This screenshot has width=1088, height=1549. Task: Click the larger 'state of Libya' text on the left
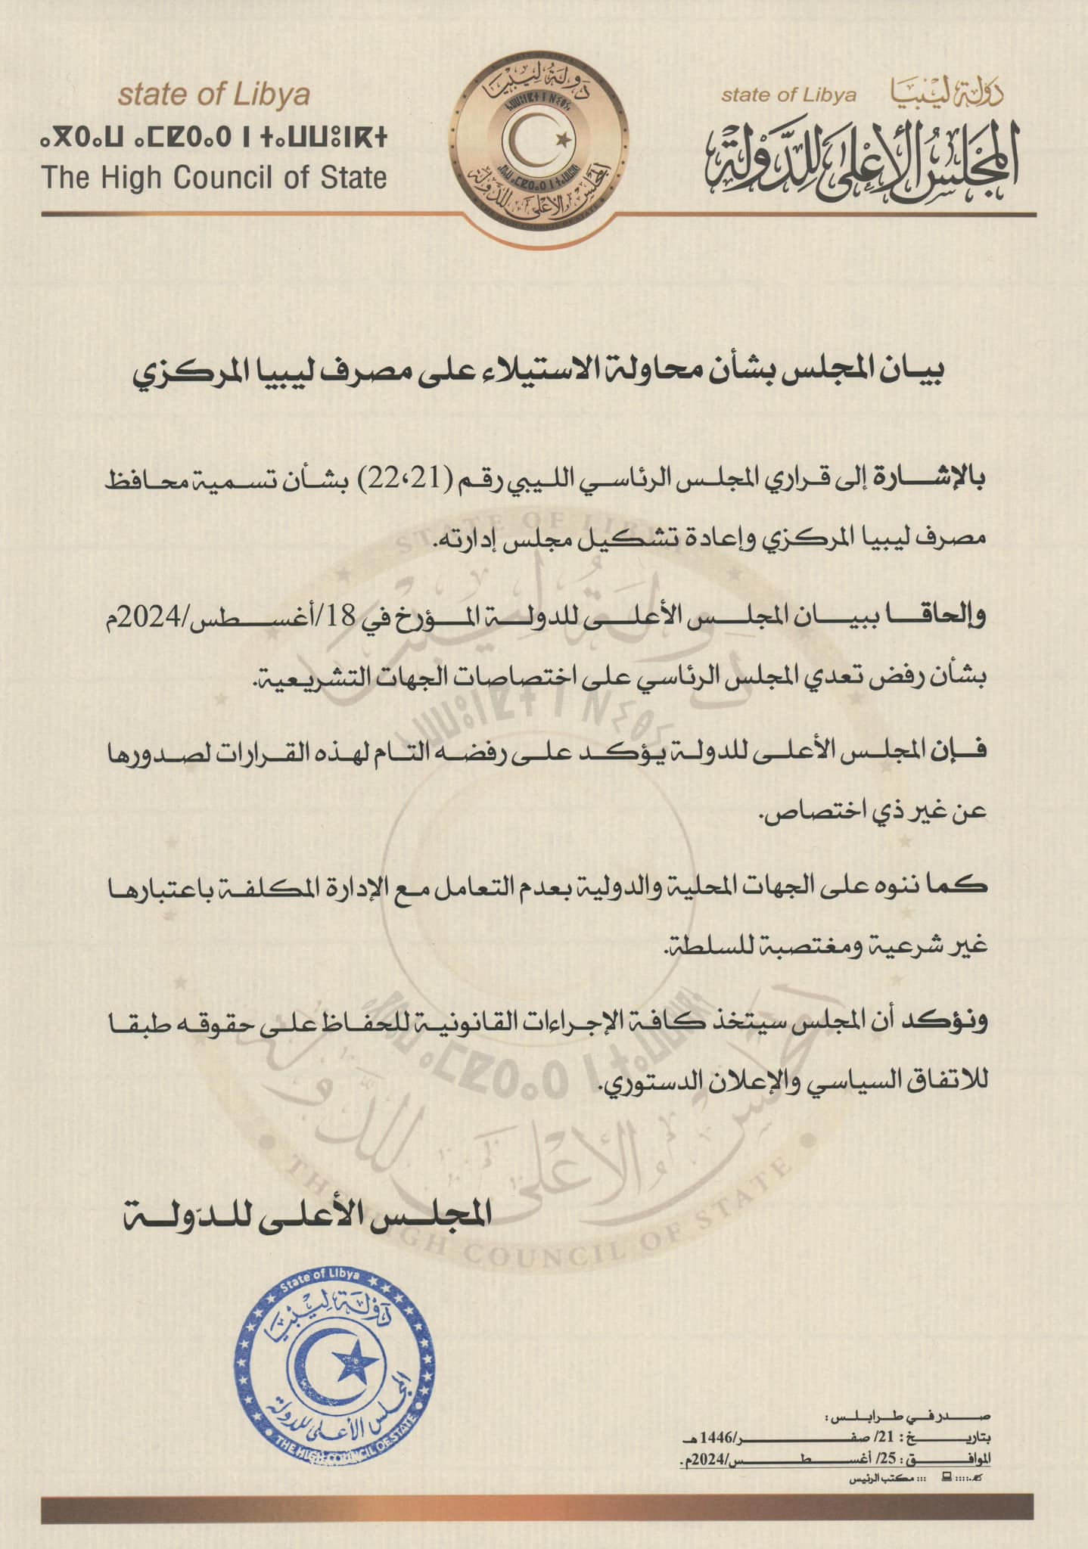click(214, 95)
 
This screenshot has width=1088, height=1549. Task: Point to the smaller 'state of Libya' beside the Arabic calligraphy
click(788, 95)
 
